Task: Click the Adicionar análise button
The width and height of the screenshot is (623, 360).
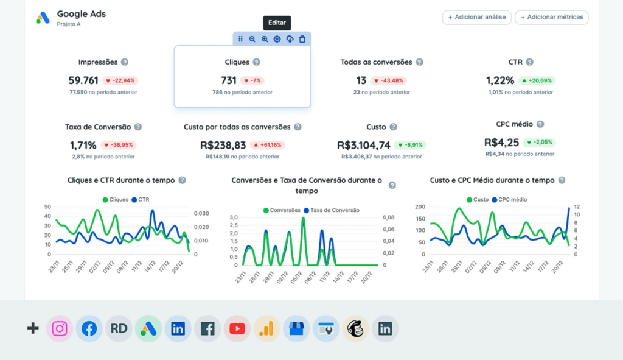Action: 476,17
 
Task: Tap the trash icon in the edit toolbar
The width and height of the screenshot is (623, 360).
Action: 302,39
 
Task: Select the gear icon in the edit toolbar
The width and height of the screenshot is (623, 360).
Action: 277,39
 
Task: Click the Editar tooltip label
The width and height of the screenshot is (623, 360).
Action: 277,23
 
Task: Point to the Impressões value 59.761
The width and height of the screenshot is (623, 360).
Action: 83,80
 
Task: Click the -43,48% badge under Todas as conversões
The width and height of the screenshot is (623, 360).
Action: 388,80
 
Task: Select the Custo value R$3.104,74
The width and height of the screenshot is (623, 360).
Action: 364,145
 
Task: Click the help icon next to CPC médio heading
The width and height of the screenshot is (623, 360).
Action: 540,124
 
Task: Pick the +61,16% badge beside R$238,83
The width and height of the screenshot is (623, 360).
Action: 267,145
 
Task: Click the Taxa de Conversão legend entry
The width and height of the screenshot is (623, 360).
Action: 333,210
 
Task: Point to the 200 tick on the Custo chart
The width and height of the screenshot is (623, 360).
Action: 419,207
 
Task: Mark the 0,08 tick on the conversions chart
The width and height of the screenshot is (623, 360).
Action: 388,217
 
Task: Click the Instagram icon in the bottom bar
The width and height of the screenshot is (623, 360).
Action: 60,329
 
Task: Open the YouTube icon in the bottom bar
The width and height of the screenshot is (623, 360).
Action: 237,329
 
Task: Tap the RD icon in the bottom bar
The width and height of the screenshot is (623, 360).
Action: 119,329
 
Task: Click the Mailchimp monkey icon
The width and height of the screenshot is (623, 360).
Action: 356,329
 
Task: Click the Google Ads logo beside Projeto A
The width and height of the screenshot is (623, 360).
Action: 43,18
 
